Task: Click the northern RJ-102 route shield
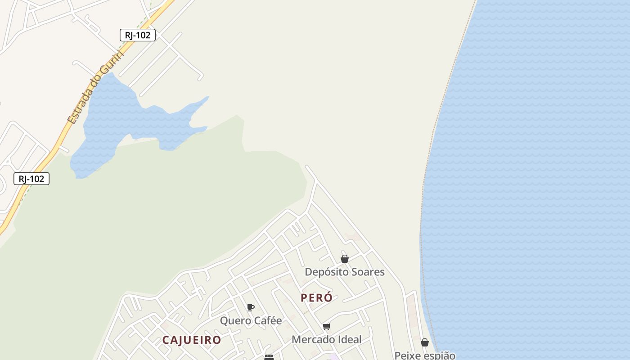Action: (x=138, y=35)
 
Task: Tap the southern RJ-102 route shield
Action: (x=31, y=179)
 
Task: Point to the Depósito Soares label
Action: (x=345, y=272)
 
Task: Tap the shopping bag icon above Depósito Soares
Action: (x=345, y=259)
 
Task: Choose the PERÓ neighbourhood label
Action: (x=317, y=298)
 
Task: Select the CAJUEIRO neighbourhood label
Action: (x=192, y=340)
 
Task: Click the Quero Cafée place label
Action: (x=251, y=321)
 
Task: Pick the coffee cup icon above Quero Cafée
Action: (x=251, y=308)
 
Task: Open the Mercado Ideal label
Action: (x=327, y=340)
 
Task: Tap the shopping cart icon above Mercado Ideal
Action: (x=327, y=326)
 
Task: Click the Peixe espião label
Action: (x=425, y=355)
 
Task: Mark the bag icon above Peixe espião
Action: (x=425, y=343)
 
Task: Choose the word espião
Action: (x=439, y=355)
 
